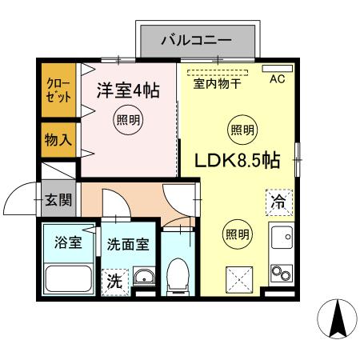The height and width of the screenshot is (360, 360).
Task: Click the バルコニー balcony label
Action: tap(196, 38)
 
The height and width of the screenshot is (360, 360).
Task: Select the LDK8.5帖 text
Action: tap(238, 160)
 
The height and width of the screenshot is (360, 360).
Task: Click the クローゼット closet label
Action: tap(58, 90)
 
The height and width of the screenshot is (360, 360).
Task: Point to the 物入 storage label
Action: tap(58, 139)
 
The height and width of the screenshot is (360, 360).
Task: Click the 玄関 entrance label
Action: tap(58, 199)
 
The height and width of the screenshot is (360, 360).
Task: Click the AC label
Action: tap(277, 78)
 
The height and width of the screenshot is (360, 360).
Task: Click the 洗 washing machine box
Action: tap(115, 282)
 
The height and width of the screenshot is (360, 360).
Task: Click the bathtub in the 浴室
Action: tap(69, 281)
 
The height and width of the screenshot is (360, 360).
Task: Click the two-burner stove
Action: tap(281, 274)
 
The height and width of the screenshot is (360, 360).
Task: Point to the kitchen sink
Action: tap(281, 239)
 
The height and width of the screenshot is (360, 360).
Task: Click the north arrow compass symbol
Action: tap(338, 320)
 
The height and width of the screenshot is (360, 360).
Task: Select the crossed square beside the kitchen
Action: tap(238, 280)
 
